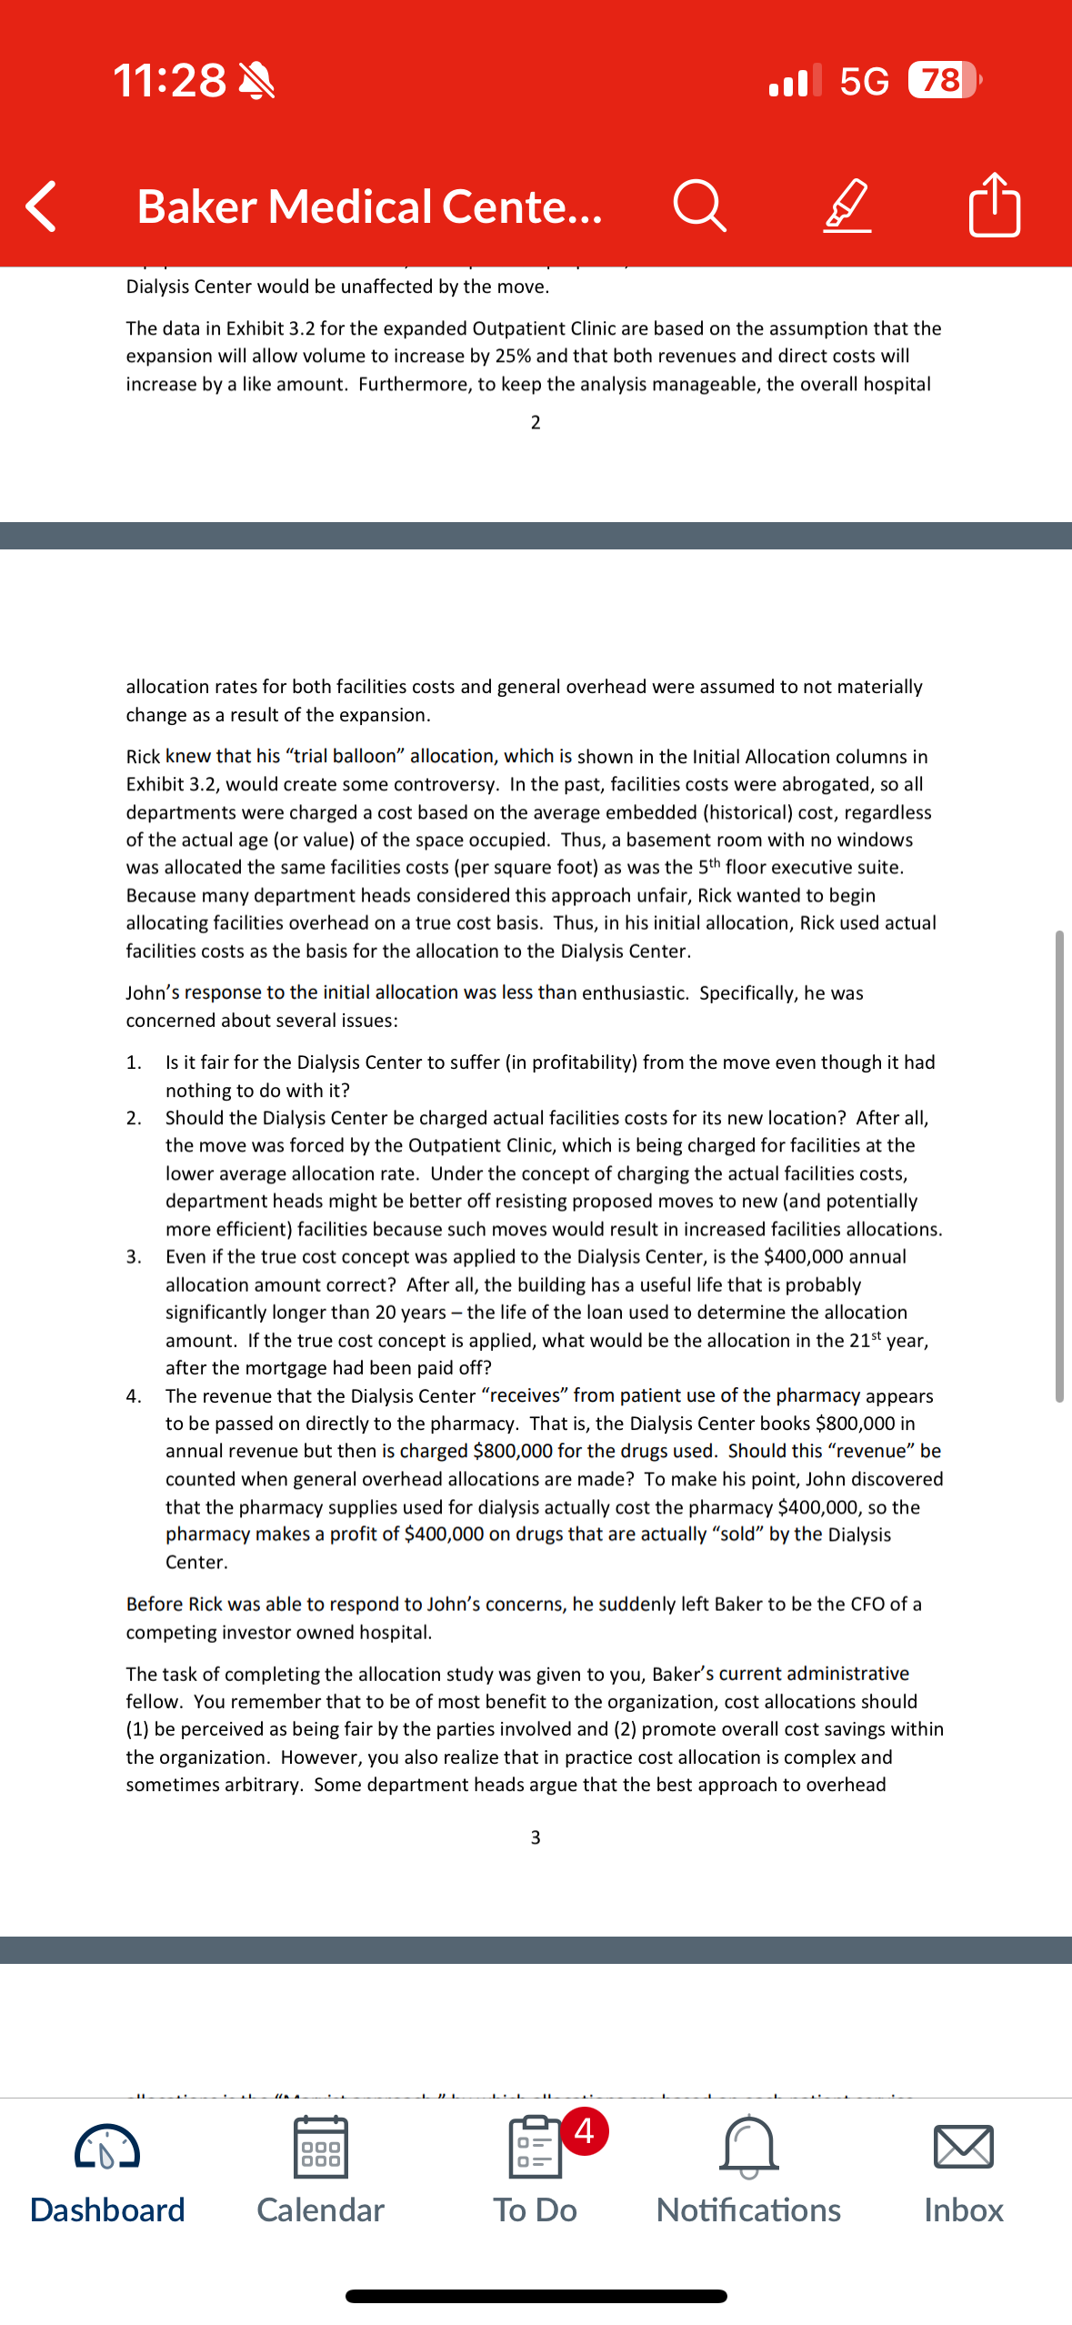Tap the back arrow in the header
tap(42, 206)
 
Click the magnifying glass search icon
tap(699, 206)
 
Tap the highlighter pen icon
tap(847, 206)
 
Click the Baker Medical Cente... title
tap(369, 206)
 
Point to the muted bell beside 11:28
tap(256, 80)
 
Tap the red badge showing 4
tap(585, 2130)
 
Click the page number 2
tap(536, 422)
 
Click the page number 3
tap(536, 1837)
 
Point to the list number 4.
tap(134, 1396)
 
